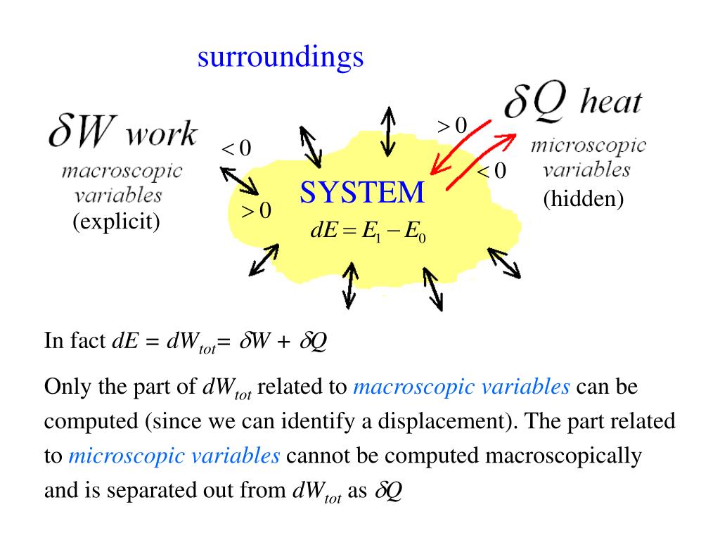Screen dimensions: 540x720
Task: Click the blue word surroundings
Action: click(x=280, y=58)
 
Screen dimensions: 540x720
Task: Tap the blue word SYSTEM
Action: click(x=362, y=193)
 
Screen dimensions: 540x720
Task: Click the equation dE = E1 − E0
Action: click(x=368, y=232)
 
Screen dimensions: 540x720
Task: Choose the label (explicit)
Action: click(x=117, y=222)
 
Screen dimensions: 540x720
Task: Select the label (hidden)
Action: click(x=584, y=200)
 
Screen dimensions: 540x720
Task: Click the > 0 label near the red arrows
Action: click(x=451, y=126)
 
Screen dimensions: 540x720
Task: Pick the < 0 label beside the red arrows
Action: click(x=491, y=171)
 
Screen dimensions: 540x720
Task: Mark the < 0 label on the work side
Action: click(x=236, y=149)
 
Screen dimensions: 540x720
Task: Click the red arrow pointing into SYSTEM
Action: click(x=454, y=147)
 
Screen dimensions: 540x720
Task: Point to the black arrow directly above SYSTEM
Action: click(x=387, y=131)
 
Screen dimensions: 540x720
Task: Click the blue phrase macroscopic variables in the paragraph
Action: click(x=461, y=387)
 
